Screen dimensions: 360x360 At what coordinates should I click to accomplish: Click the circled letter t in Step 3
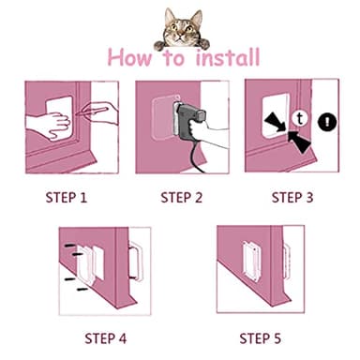298,118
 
